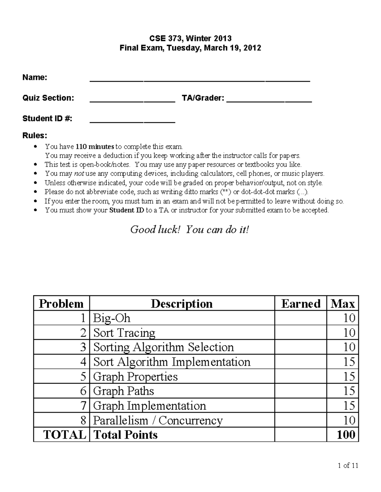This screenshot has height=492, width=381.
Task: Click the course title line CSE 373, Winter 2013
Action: tap(190, 38)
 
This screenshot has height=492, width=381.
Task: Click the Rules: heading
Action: tap(35, 136)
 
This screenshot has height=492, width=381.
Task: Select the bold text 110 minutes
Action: tap(95, 147)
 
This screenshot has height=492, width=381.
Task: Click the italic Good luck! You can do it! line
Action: tap(190, 229)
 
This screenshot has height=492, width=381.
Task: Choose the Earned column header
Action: tap(300, 304)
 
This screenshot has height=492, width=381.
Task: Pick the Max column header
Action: tap(343, 304)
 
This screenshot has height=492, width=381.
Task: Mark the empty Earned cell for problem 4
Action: tap(300, 362)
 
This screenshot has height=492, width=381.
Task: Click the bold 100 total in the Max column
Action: tap(346, 435)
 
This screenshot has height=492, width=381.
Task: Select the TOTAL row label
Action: tap(64, 435)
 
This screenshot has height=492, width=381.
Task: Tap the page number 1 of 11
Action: tap(348, 465)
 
